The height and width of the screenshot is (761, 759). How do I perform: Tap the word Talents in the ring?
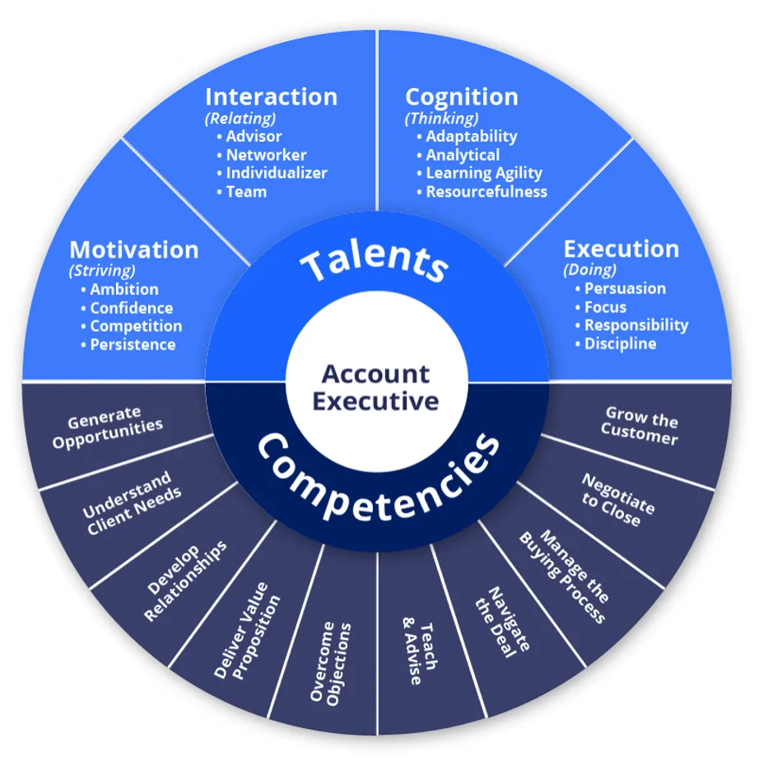pos(375,264)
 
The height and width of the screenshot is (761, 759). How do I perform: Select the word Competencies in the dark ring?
pos(379,486)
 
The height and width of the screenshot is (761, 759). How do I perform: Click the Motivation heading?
pos(134,250)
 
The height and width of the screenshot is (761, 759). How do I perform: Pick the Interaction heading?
pos(271,96)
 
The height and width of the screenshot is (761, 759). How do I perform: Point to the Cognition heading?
pos(462,96)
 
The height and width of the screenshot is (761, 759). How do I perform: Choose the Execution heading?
pos(622,249)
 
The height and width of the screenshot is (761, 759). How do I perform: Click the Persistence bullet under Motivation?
pos(133,344)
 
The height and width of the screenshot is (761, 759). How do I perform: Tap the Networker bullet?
pos(266,155)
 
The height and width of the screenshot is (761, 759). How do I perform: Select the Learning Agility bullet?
pos(483,173)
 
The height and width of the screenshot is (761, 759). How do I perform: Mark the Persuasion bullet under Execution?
pos(625,288)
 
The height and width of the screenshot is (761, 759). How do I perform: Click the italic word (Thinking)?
pos(441,118)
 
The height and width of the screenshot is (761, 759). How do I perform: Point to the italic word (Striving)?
pos(103,270)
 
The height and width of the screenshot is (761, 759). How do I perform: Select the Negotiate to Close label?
pos(616,500)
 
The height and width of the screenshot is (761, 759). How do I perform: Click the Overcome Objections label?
pos(330,663)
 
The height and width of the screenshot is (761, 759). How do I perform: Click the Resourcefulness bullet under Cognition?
pos(486,192)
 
